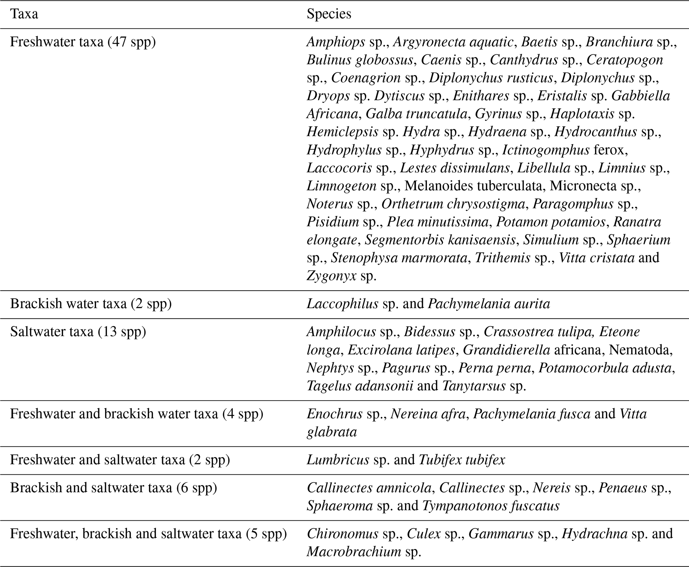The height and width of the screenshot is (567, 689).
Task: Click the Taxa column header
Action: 24,14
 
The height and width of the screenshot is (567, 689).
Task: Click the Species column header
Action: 329,14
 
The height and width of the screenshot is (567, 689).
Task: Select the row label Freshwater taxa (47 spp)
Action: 83,42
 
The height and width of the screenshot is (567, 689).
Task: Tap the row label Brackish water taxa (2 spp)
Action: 91,304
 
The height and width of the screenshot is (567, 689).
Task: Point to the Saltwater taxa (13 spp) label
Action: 78,332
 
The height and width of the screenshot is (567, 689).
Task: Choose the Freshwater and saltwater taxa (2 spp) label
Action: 120,460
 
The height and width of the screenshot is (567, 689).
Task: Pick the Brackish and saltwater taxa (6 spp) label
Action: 114,488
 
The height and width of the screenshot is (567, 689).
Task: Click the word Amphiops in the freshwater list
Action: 336,42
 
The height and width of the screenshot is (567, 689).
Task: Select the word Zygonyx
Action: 331,276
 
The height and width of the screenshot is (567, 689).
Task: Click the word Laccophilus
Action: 342,304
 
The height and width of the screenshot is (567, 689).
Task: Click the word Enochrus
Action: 334,414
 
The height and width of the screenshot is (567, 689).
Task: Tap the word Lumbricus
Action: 338,460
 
